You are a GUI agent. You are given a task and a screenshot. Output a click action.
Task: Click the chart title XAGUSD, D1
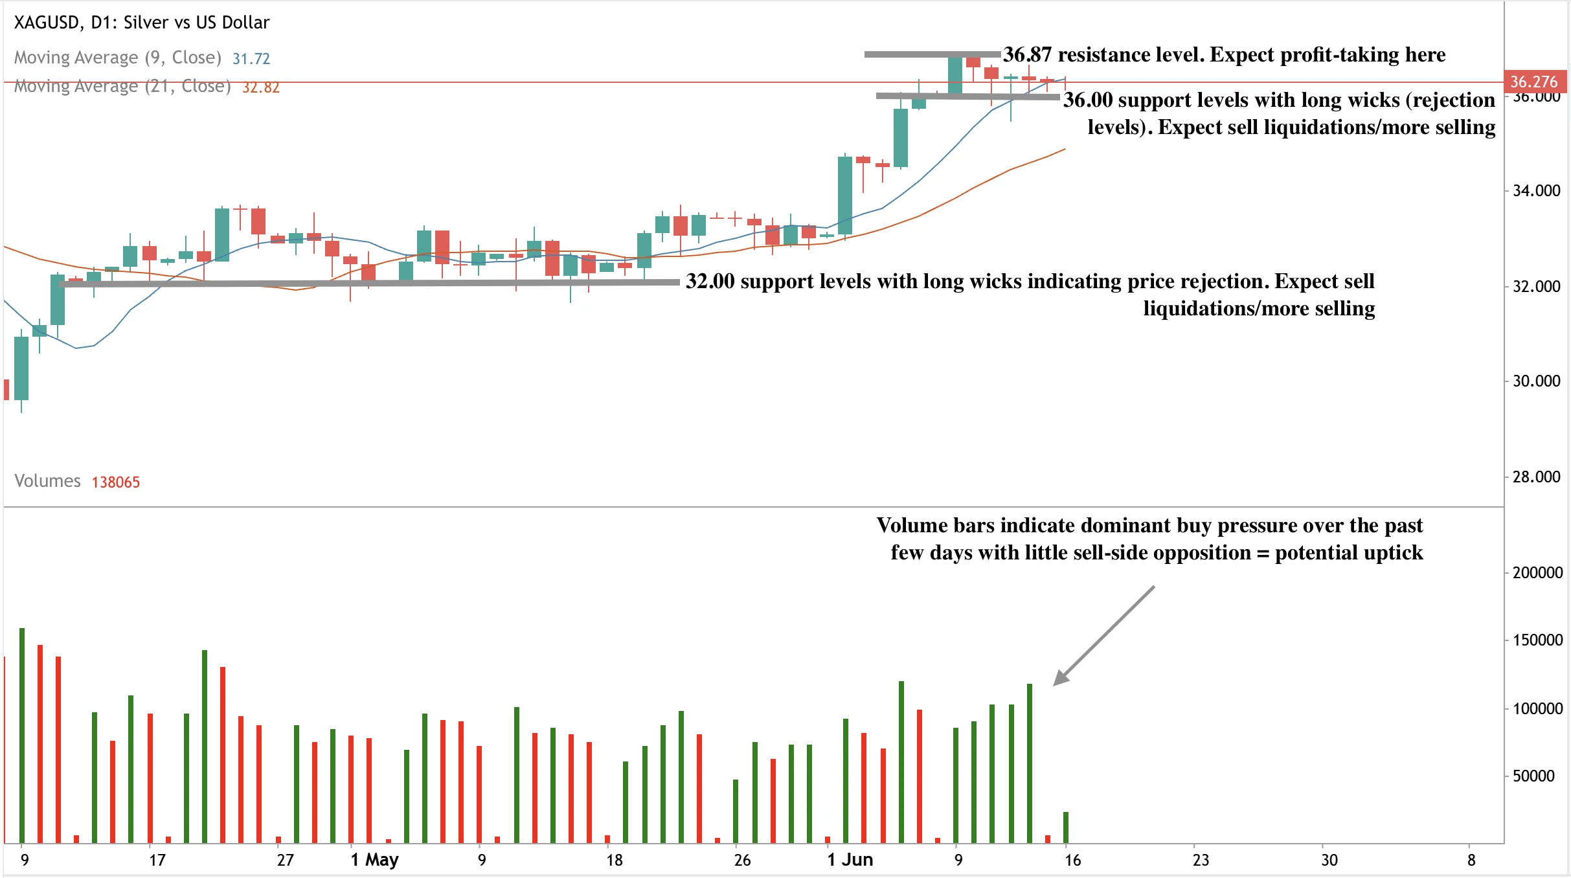tap(141, 23)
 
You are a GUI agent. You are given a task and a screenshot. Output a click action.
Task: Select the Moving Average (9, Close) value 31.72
tap(251, 59)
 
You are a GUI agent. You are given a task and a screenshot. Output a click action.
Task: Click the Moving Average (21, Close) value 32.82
tap(261, 87)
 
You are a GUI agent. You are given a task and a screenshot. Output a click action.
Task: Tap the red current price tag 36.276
tap(1533, 82)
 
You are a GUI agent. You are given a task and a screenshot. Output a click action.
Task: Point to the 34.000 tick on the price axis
tap(1536, 191)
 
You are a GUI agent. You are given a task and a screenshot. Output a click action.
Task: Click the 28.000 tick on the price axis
tap(1536, 477)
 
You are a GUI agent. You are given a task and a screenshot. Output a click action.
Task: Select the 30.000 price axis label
tap(1536, 381)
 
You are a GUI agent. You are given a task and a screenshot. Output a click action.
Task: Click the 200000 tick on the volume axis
tap(1537, 573)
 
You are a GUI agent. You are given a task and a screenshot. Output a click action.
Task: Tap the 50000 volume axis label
tap(1533, 776)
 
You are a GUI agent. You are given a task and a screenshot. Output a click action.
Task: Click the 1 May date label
tap(375, 860)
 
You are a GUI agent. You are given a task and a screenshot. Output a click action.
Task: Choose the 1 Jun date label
tap(850, 860)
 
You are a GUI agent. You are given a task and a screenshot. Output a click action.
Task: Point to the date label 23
tap(1201, 860)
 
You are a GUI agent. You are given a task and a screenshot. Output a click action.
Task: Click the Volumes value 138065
tap(116, 482)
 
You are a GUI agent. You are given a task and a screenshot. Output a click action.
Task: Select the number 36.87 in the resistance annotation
tap(1028, 55)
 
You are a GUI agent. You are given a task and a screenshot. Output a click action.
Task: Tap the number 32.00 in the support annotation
tap(710, 282)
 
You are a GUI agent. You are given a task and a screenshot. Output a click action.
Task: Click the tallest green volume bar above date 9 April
tap(22, 735)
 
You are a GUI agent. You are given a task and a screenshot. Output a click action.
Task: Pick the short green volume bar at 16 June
tap(1066, 827)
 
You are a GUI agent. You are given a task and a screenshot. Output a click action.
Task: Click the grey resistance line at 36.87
tap(932, 54)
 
